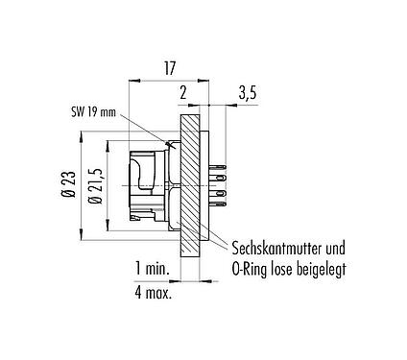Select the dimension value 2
click(x=182, y=93)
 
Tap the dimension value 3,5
click(x=247, y=93)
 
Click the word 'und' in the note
click(x=332, y=246)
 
